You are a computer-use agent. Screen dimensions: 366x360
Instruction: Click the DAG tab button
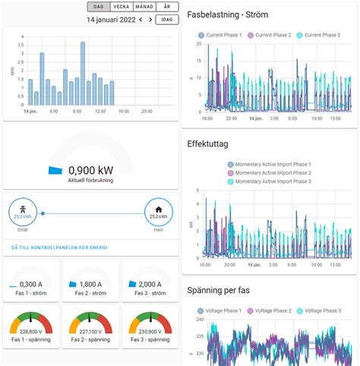tap(99, 6)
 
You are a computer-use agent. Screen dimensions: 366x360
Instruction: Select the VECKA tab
tap(121, 6)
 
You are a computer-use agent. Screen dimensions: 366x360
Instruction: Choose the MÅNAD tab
tap(144, 6)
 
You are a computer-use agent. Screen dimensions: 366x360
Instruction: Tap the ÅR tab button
tap(167, 6)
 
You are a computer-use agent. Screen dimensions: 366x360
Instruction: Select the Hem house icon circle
tap(159, 213)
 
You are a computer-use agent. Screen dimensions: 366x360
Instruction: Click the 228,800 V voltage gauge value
tap(31, 330)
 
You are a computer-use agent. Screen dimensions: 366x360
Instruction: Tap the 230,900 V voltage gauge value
tap(150, 330)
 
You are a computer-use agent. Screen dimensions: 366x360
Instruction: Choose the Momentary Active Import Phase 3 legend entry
tap(273, 182)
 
